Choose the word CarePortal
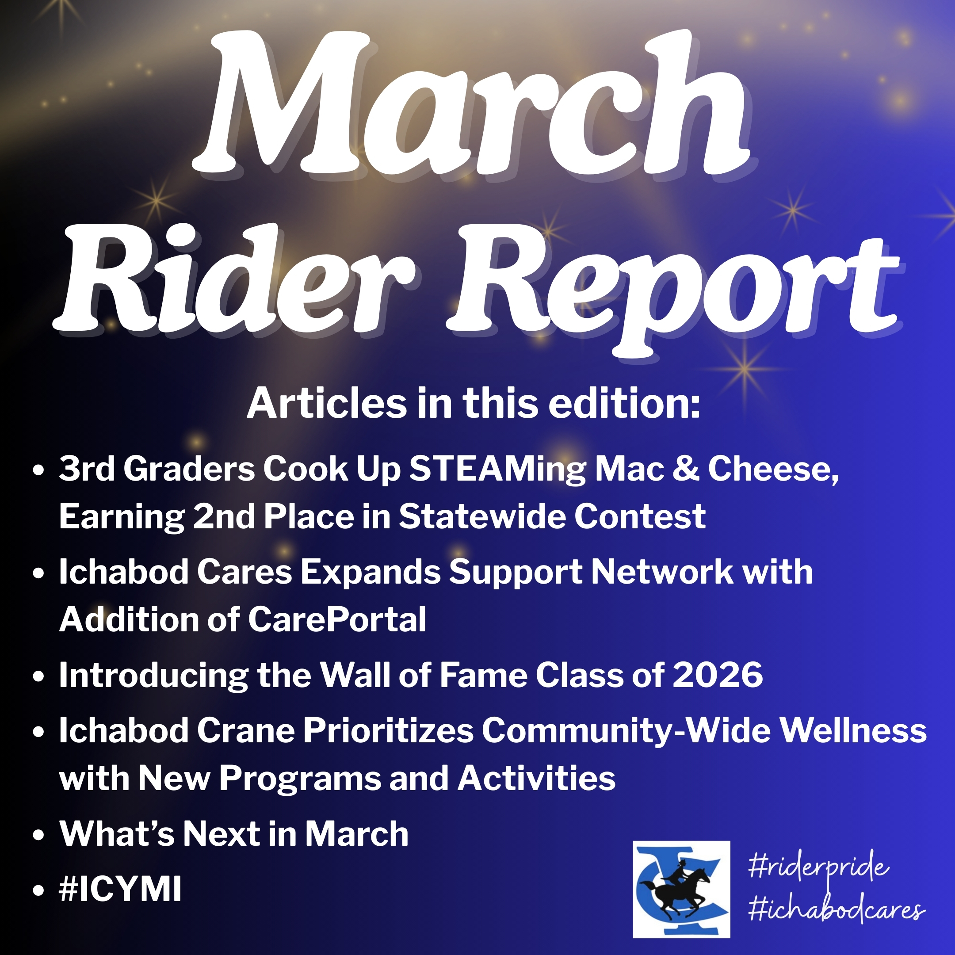336,619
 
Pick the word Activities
536,778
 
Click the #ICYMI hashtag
120,888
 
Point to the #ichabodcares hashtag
837,909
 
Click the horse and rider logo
682,889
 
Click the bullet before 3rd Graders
38,470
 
